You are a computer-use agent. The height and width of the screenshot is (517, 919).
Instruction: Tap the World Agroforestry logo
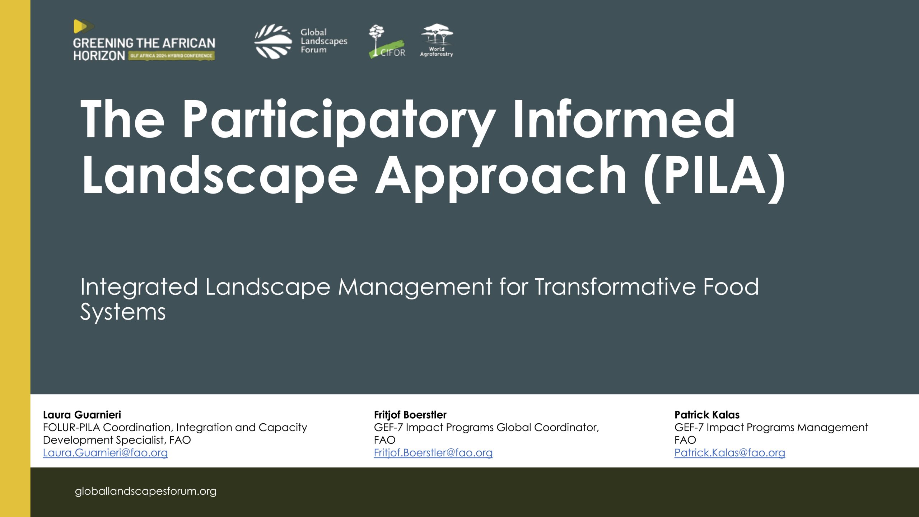(437, 40)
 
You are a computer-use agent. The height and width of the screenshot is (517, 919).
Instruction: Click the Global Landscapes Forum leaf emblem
(273, 41)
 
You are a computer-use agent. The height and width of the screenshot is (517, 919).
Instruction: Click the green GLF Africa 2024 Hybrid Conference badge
(172, 56)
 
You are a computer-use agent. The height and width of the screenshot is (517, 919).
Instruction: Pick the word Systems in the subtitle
(123, 312)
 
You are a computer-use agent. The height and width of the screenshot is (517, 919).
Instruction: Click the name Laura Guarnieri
(82, 415)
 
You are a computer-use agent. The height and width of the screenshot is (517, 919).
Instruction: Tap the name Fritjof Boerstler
(410, 415)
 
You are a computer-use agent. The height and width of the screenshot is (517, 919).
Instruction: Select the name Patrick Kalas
(707, 415)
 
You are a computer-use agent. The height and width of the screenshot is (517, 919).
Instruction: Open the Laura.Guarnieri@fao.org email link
(106, 453)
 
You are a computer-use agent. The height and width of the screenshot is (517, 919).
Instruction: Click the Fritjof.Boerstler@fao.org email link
(433, 453)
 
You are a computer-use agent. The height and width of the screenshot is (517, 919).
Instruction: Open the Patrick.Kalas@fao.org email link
(730, 453)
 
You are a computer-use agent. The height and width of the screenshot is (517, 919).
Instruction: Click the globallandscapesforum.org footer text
(146, 491)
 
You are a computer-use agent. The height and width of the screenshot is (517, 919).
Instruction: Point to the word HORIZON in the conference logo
(99, 56)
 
